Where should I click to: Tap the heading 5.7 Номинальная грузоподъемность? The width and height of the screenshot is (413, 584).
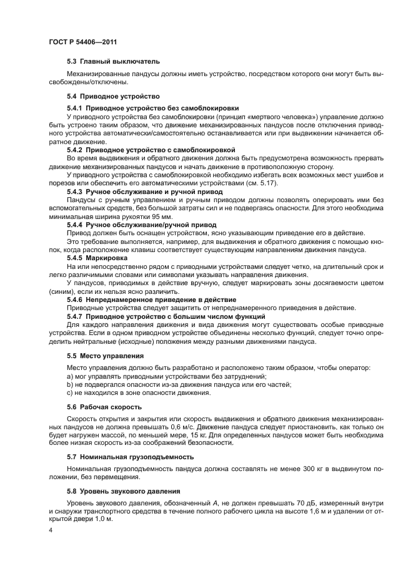[130, 457]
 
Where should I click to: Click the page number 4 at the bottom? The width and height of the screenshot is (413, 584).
[51, 530]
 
